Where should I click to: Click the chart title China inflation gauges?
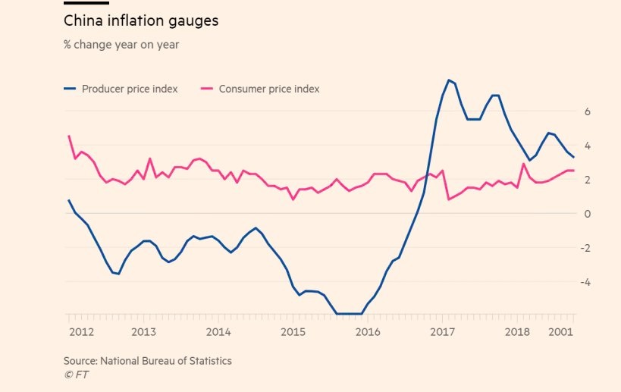click(x=141, y=21)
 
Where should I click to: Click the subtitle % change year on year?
click(x=121, y=45)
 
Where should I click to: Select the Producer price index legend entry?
click(x=130, y=89)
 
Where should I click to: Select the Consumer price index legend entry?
click(x=268, y=89)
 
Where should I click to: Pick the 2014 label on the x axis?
click(x=218, y=331)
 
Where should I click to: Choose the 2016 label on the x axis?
click(x=368, y=331)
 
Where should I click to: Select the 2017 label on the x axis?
click(x=442, y=331)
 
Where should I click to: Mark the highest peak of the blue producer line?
click(x=449, y=80)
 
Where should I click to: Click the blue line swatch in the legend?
click(x=70, y=89)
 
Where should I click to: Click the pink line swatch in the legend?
click(x=206, y=89)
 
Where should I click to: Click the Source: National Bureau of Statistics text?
click(x=148, y=361)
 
